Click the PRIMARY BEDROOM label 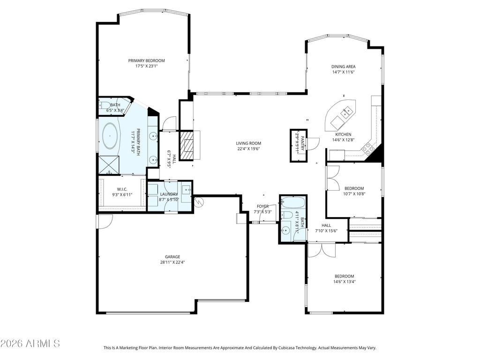click(x=146, y=60)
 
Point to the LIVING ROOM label click(x=248, y=143)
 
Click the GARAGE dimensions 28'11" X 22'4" click(x=172, y=262)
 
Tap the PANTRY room click(x=299, y=145)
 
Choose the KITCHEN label click(x=343, y=135)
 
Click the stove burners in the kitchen click(x=367, y=149)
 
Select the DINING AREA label click(x=343, y=67)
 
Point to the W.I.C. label click(x=122, y=189)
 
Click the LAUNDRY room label click(x=169, y=195)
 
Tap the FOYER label click(x=262, y=207)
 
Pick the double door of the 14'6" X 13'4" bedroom click(x=322, y=250)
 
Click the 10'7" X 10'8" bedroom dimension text click(x=354, y=194)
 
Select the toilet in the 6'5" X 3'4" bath click(x=104, y=105)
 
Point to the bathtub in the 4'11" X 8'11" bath click(x=293, y=202)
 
